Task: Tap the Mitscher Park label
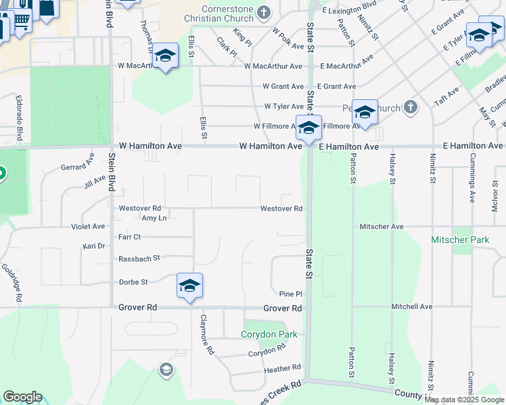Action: (460, 240)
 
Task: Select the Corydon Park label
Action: (269, 334)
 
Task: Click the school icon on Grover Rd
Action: (189, 286)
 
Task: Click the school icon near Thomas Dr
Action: (164, 57)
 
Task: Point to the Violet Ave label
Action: (88, 227)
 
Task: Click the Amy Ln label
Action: (154, 218)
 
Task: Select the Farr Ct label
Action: (129, 237)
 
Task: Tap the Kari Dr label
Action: (93, 246)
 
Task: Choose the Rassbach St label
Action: (139, 258)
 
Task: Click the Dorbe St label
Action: (133, 282)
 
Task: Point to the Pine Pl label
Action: (290, 294)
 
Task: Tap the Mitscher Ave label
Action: (382, 227)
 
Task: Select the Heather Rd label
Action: (283, 368)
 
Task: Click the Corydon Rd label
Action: (262, 352)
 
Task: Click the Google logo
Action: (22, 397)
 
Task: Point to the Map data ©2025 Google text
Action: (463, 400)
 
